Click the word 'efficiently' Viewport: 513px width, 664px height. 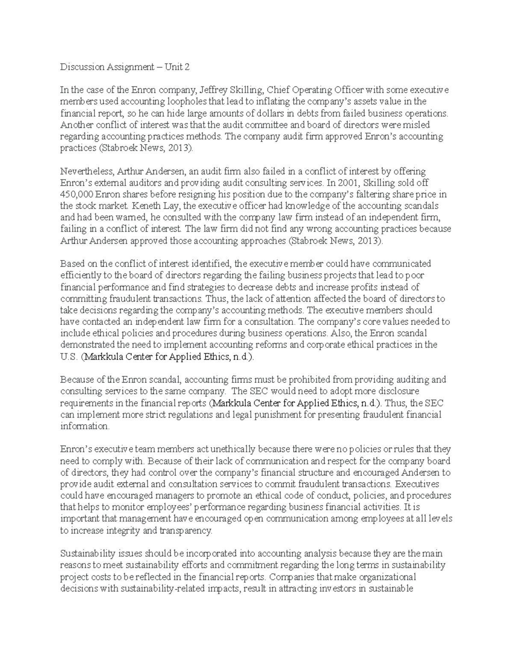point(81,275)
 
